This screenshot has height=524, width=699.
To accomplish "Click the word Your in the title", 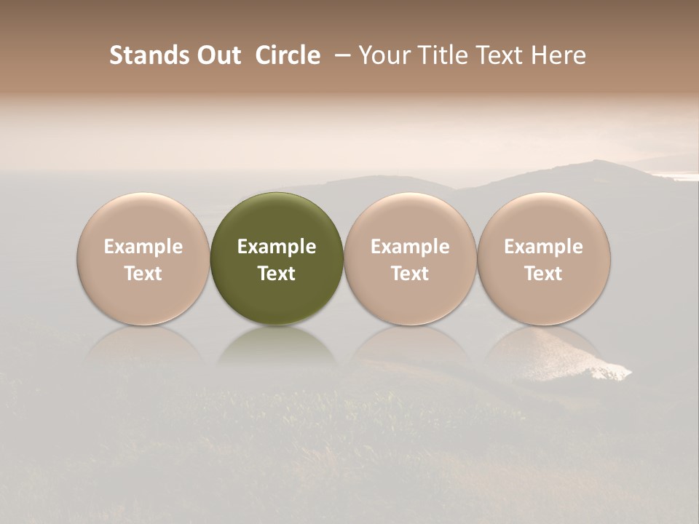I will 383,55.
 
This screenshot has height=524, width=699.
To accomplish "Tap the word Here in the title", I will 558,55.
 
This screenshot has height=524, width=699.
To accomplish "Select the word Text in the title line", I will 498,55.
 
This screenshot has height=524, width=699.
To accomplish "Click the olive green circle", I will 277,218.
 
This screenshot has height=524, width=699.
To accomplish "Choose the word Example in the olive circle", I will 277,247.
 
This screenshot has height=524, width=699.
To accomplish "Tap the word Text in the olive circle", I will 277,274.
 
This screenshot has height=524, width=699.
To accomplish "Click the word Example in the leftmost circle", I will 143,247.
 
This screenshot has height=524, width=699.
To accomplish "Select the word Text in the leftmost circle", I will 143,274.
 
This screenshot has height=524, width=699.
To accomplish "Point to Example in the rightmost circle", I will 543,247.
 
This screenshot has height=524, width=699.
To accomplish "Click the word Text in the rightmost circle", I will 543,274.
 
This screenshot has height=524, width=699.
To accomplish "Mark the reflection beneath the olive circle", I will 277,345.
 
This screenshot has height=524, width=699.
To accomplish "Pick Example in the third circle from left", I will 410,247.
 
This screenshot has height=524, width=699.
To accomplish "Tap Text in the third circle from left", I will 410,274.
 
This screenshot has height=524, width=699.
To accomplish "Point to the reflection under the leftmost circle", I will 143,345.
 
